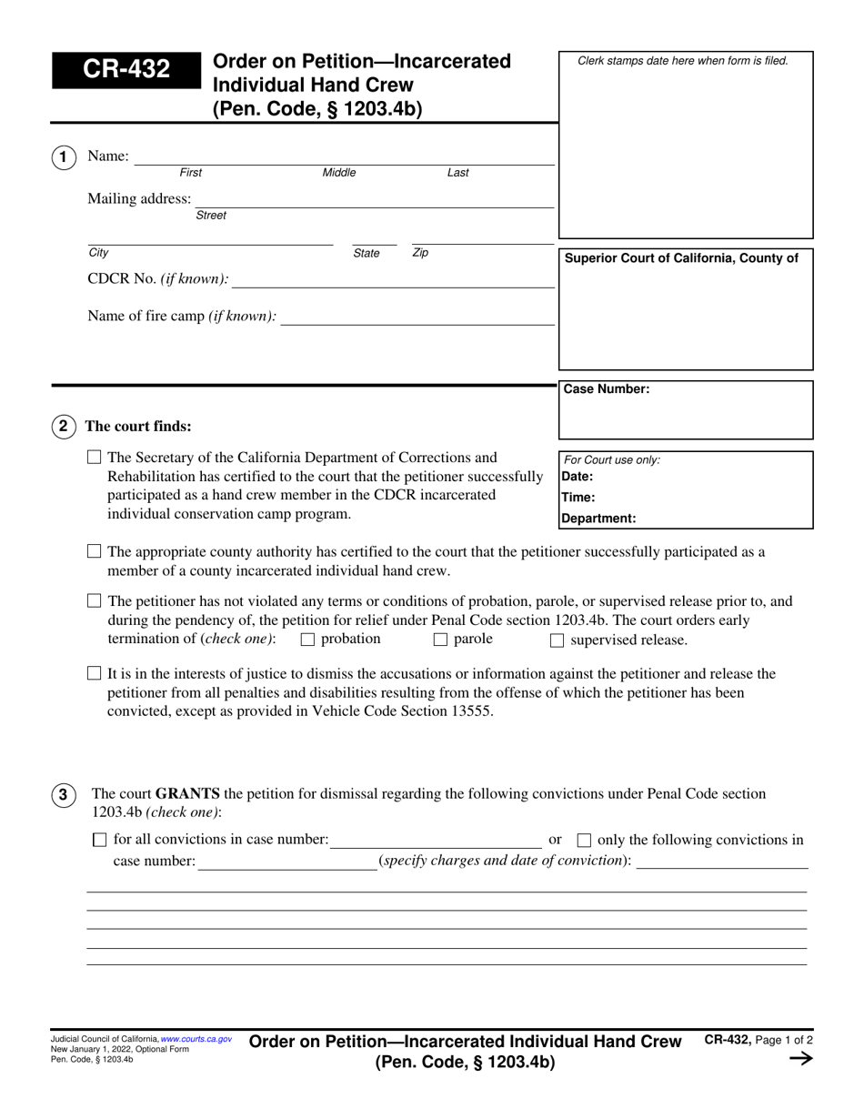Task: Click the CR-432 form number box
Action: [126, 70]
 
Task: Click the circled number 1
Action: [63, 157]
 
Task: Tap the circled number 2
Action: [63, 426]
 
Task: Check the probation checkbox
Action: [306, 640]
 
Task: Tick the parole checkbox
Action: [440, 640]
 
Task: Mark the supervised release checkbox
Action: [557, 640]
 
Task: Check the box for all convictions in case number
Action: [100, 840]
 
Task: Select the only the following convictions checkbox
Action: [585, 840]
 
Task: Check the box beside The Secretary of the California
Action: [94, 458]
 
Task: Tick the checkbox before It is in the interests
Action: [94, 674]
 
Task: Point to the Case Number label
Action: [607, 389]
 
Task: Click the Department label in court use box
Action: [598, 519]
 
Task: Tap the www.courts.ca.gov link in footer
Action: [196, 1038]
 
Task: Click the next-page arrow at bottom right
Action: [799, 1058]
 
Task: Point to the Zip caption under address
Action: [420, 253]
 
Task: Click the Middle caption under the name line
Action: [339, 173]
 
